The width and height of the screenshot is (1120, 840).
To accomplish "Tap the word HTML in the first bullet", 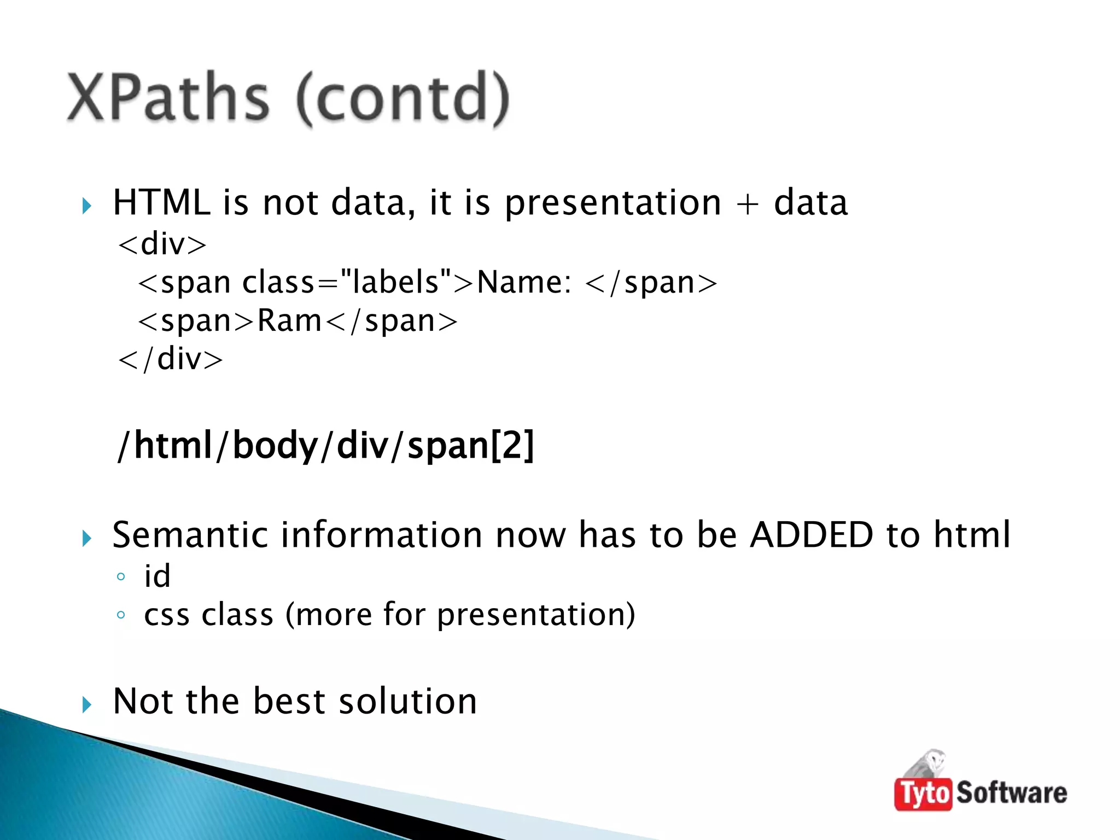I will [161, 202].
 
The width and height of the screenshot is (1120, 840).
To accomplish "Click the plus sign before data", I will [747, 203].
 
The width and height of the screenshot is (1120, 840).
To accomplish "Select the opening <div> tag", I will [162, 244].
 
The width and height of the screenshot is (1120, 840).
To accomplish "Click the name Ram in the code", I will [289, 321].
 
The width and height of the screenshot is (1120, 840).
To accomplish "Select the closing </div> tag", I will [171, 359].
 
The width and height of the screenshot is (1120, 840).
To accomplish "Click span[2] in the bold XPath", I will [470, 445].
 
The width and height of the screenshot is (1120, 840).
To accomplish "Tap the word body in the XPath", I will [275, 445].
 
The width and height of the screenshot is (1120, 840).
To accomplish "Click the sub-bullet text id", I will [157, 576].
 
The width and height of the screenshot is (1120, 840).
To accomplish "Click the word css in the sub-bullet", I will [167, 615].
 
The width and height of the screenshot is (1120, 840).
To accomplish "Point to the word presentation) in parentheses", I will [536, 615].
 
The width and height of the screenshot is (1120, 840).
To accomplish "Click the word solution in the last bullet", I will [407, 701].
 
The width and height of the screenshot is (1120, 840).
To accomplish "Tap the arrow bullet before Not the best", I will [86, 704].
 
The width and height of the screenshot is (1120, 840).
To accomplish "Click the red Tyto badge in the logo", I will [923, 794].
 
